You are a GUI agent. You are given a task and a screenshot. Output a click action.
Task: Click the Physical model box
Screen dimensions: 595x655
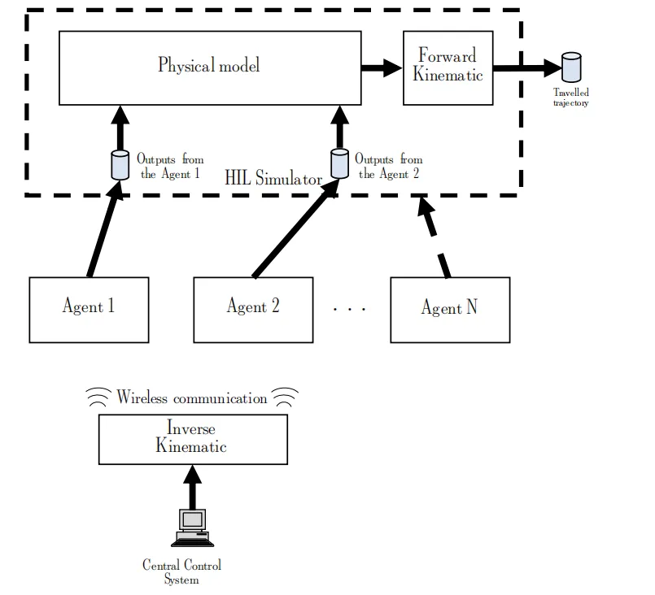point(209,67)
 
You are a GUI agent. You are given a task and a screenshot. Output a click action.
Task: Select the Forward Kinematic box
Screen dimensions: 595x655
point(448,67)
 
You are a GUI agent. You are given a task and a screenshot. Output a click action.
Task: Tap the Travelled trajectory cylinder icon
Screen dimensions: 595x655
point(571,67)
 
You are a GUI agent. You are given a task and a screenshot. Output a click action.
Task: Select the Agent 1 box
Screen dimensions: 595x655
point(89,309)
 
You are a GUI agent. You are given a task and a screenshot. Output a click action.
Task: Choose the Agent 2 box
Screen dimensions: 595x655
point(253,309)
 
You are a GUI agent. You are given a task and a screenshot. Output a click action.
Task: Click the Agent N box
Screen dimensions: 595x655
point(450,309)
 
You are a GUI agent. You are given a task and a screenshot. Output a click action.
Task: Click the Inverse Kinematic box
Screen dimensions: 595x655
point(192,439)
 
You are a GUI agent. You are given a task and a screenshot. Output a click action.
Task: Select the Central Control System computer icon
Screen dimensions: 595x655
point(191,528)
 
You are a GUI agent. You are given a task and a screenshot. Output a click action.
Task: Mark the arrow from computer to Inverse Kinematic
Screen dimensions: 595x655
point(192,486)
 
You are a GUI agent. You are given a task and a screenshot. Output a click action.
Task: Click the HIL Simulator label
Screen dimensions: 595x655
point(273,179)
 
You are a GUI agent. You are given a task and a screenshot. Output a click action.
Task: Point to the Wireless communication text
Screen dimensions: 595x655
point(191,398)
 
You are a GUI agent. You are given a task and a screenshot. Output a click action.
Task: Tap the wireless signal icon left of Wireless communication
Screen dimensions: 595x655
point(99,397)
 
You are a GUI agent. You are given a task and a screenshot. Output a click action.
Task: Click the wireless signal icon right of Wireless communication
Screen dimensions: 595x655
point(285,397)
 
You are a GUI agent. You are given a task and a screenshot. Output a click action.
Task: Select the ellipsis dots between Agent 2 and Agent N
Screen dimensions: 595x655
point(351,309)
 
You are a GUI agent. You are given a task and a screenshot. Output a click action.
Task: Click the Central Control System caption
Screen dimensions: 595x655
point(181,572)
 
